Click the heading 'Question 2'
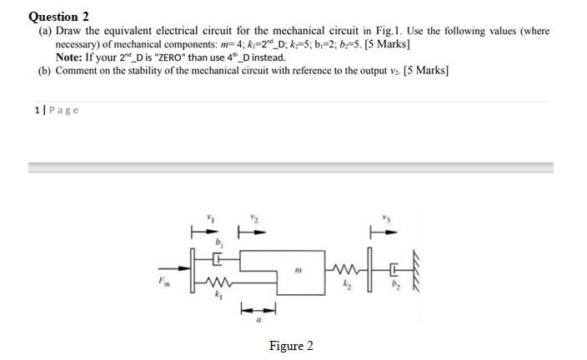coord(58,17)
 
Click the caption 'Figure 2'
coord(291,346)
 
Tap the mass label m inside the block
coord(298,268)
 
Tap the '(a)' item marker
coord(46,31)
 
